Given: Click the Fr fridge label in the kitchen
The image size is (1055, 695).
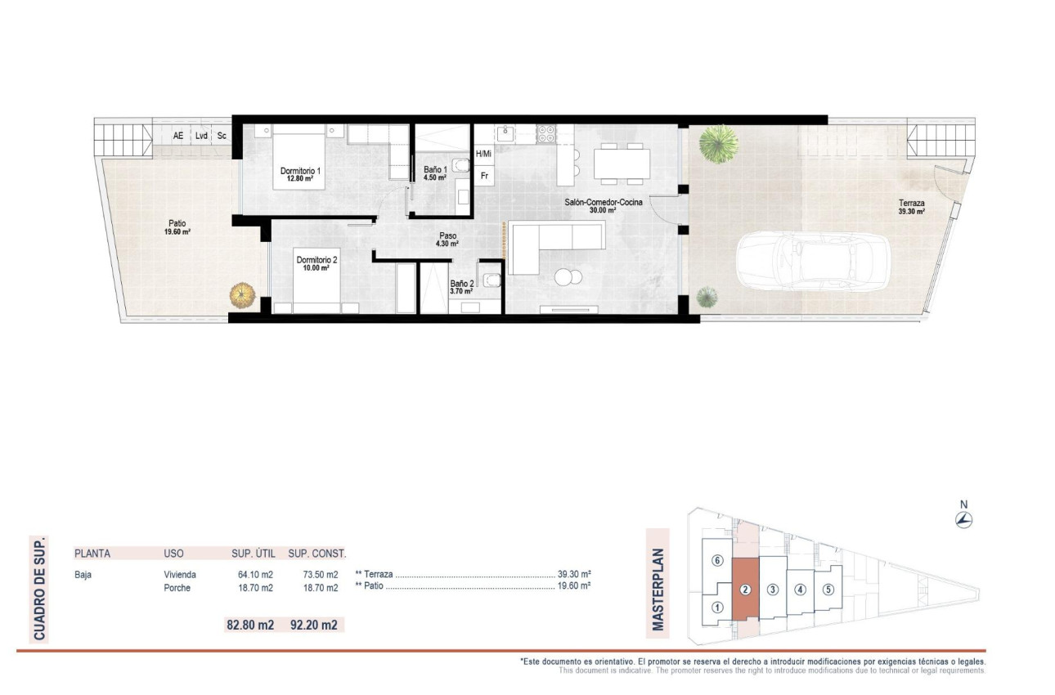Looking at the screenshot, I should pos(484,175).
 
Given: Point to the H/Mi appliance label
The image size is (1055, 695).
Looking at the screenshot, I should pos(483,154).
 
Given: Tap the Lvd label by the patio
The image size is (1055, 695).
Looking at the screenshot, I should pos(200,136).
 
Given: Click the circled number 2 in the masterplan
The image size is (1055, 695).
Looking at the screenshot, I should pos(745,590).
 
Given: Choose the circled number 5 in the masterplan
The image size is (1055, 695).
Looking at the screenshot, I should pos(828,590).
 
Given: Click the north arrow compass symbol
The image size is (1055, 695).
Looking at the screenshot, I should pos(964,519).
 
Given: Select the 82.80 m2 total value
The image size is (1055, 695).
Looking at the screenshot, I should pos(249,625).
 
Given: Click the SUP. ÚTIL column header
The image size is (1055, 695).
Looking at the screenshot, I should pos(253,553).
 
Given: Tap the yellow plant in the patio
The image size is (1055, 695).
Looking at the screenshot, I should pos(241,295).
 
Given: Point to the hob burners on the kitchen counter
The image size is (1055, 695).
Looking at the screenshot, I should pos(545,133).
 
